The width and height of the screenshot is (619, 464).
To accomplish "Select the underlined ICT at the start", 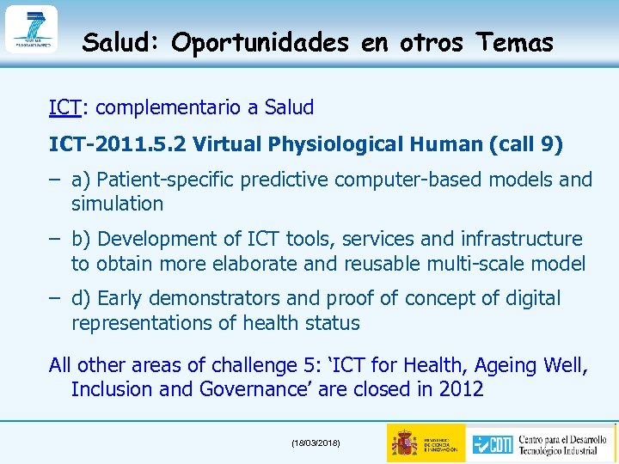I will pos(64,108).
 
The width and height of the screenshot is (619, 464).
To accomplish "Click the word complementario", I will pos(172,108).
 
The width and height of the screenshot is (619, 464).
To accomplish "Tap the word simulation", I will pos(117,204).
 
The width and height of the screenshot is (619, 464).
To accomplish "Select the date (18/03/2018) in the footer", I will pos(316,443).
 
